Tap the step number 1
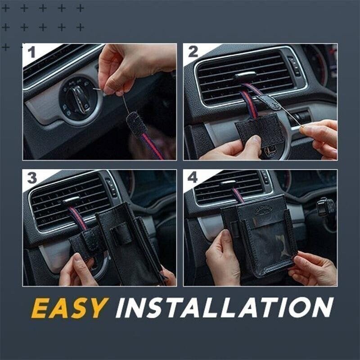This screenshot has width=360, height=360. point(31,53)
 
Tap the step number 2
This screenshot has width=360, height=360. point(193,52)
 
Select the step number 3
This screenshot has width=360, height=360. point(31,178)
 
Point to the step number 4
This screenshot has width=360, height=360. point(193,178)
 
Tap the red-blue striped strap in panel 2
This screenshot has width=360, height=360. point(249,103)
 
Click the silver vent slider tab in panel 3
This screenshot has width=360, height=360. point(71,201)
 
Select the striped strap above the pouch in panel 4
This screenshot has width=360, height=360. point(237,194)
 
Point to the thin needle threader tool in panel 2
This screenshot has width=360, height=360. point(288,115)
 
